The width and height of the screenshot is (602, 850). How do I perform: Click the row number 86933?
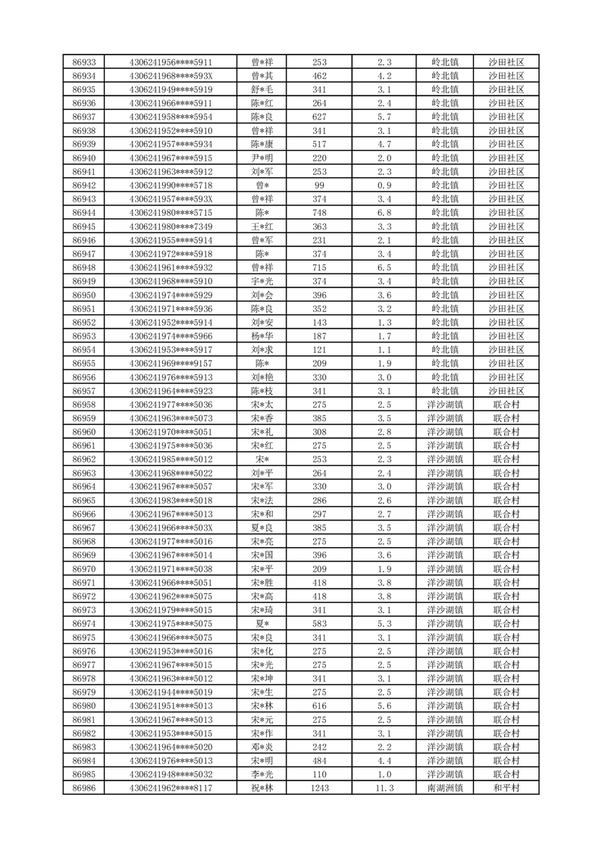coord(83,62)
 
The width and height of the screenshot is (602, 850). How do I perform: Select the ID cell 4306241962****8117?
coord(171,788)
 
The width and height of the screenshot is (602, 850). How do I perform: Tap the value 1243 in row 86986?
coord(319,788)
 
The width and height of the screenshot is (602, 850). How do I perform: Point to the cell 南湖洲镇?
coord(445,788)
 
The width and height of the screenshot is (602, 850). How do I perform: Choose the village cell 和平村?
coord(506,788)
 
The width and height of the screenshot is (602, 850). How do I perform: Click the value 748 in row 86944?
coord(319,213)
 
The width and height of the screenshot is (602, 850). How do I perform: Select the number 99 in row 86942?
coord(319,186)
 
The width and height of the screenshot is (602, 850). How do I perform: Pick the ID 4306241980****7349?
coord(171,227)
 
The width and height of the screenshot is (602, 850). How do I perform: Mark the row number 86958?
coord(83,405)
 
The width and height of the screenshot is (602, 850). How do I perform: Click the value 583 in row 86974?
coord(319,623)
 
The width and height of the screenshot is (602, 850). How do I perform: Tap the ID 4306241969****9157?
coord(171,364)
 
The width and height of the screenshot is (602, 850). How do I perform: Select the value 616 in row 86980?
coord(319,706)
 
